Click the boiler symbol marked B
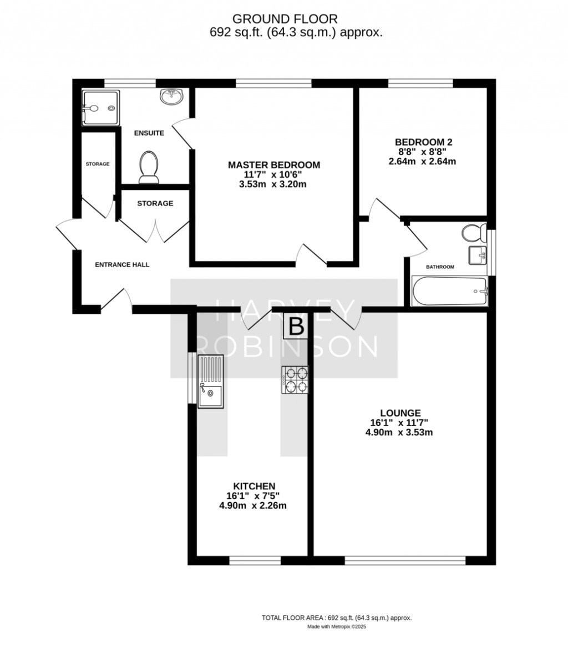(x=296, y=327)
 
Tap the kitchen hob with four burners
(x=295, y=380)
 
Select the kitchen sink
(x=211, y=382)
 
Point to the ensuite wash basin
(x=171, y=97)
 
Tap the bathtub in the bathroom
(x=449, y=291)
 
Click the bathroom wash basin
(x=478, y=255)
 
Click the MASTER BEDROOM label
(x=274, y=165)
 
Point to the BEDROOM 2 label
(x=424, y=142)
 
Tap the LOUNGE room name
(x=400, y=413)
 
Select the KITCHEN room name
(x=254, y=486)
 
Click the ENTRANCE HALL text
(x=122, y=265)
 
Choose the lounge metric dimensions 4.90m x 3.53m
(x=399, y=433)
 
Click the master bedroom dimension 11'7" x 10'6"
(x=273, y=174)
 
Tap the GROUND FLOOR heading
(x=285, y=18)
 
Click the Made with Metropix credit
(x=337, y=627)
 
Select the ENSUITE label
(x=149, y=133)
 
